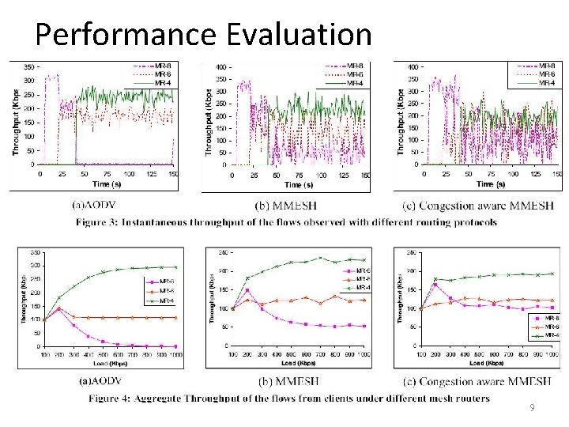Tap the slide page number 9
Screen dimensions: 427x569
[532, 408]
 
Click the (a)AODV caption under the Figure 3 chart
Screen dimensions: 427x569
[100, 205]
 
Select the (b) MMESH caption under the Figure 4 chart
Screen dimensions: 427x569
[286, 381]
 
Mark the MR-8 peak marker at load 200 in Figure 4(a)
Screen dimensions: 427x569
[58, 309]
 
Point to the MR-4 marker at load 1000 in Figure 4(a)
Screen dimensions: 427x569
[175, 267]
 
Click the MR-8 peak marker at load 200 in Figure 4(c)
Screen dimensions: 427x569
[435, 285]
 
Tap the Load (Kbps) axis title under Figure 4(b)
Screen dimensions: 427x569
[286, 365]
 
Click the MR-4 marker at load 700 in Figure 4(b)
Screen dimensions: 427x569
[321, 258]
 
